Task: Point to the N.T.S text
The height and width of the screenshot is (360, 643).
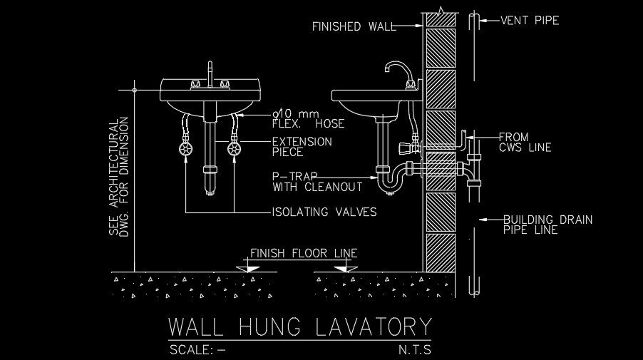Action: (415, 350)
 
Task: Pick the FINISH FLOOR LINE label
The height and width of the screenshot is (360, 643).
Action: (304, 253)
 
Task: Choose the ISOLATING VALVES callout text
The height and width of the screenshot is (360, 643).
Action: (324, 212)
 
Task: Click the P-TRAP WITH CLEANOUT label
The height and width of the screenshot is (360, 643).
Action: (317, 182)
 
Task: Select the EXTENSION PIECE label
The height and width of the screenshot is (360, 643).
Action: (302, 147)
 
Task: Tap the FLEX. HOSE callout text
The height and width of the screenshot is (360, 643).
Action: (308, 118)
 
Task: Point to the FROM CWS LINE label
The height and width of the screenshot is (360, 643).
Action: (525, 142)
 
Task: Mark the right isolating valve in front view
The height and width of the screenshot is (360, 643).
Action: (234, 150)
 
